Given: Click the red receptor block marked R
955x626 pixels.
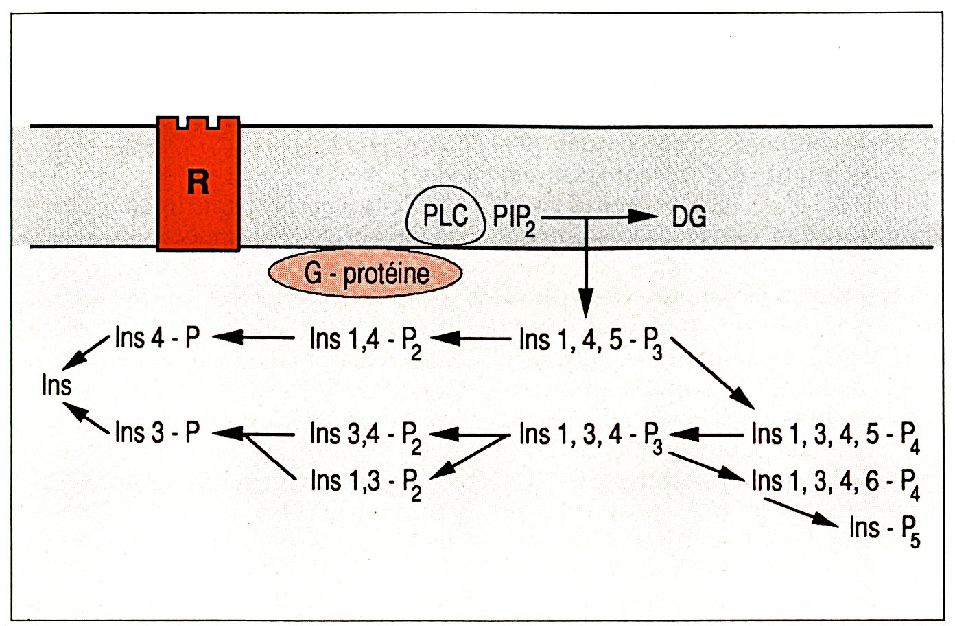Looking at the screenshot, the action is [x=198, y=183].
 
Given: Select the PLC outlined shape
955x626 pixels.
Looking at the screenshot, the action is [x=445, y=216].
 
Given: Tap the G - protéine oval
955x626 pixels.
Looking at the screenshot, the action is [x=365, y=273].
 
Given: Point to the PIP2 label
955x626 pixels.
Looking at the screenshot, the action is [x=514, y=219].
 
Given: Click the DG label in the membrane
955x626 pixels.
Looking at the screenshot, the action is [x=689, y=217].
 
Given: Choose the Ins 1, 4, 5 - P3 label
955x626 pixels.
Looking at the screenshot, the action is [x=591, y=343].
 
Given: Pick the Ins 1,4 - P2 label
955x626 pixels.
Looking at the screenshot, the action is [x=366, y=343].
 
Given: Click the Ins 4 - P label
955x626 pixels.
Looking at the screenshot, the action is [x=157, y=338].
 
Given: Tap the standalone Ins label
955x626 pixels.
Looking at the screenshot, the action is [x=57, y=385].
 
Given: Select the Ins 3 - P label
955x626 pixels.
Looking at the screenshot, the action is [x=157, y=432].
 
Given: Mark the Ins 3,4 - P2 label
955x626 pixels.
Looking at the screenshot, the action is [x=366, y=438].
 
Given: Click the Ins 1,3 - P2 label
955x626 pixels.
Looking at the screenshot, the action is [x=366, y=485].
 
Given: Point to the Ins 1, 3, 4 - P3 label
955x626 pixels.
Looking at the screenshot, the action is [x=591, y=438].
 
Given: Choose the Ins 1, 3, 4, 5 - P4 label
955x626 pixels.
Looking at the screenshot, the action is [x=836, y=438].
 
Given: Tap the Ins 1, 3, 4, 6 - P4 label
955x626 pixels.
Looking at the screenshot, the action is [x=836, y=485].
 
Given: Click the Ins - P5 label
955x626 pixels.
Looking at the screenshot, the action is [x=884, y=531].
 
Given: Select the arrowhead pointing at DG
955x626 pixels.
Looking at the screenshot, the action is [x=643, y=216].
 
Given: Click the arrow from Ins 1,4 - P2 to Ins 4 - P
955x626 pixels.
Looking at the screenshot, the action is [x=253, y=338].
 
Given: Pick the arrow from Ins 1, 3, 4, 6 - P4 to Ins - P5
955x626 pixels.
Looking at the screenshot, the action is [x=801, y=513].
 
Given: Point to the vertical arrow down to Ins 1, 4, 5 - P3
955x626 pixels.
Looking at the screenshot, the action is [x=586, y=268].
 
